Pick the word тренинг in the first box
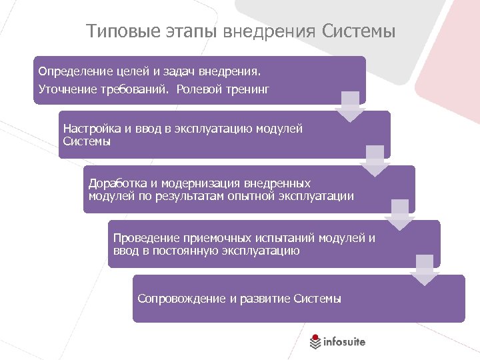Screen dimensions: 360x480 click(247, 89)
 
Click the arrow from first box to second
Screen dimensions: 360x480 click(350, 107)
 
